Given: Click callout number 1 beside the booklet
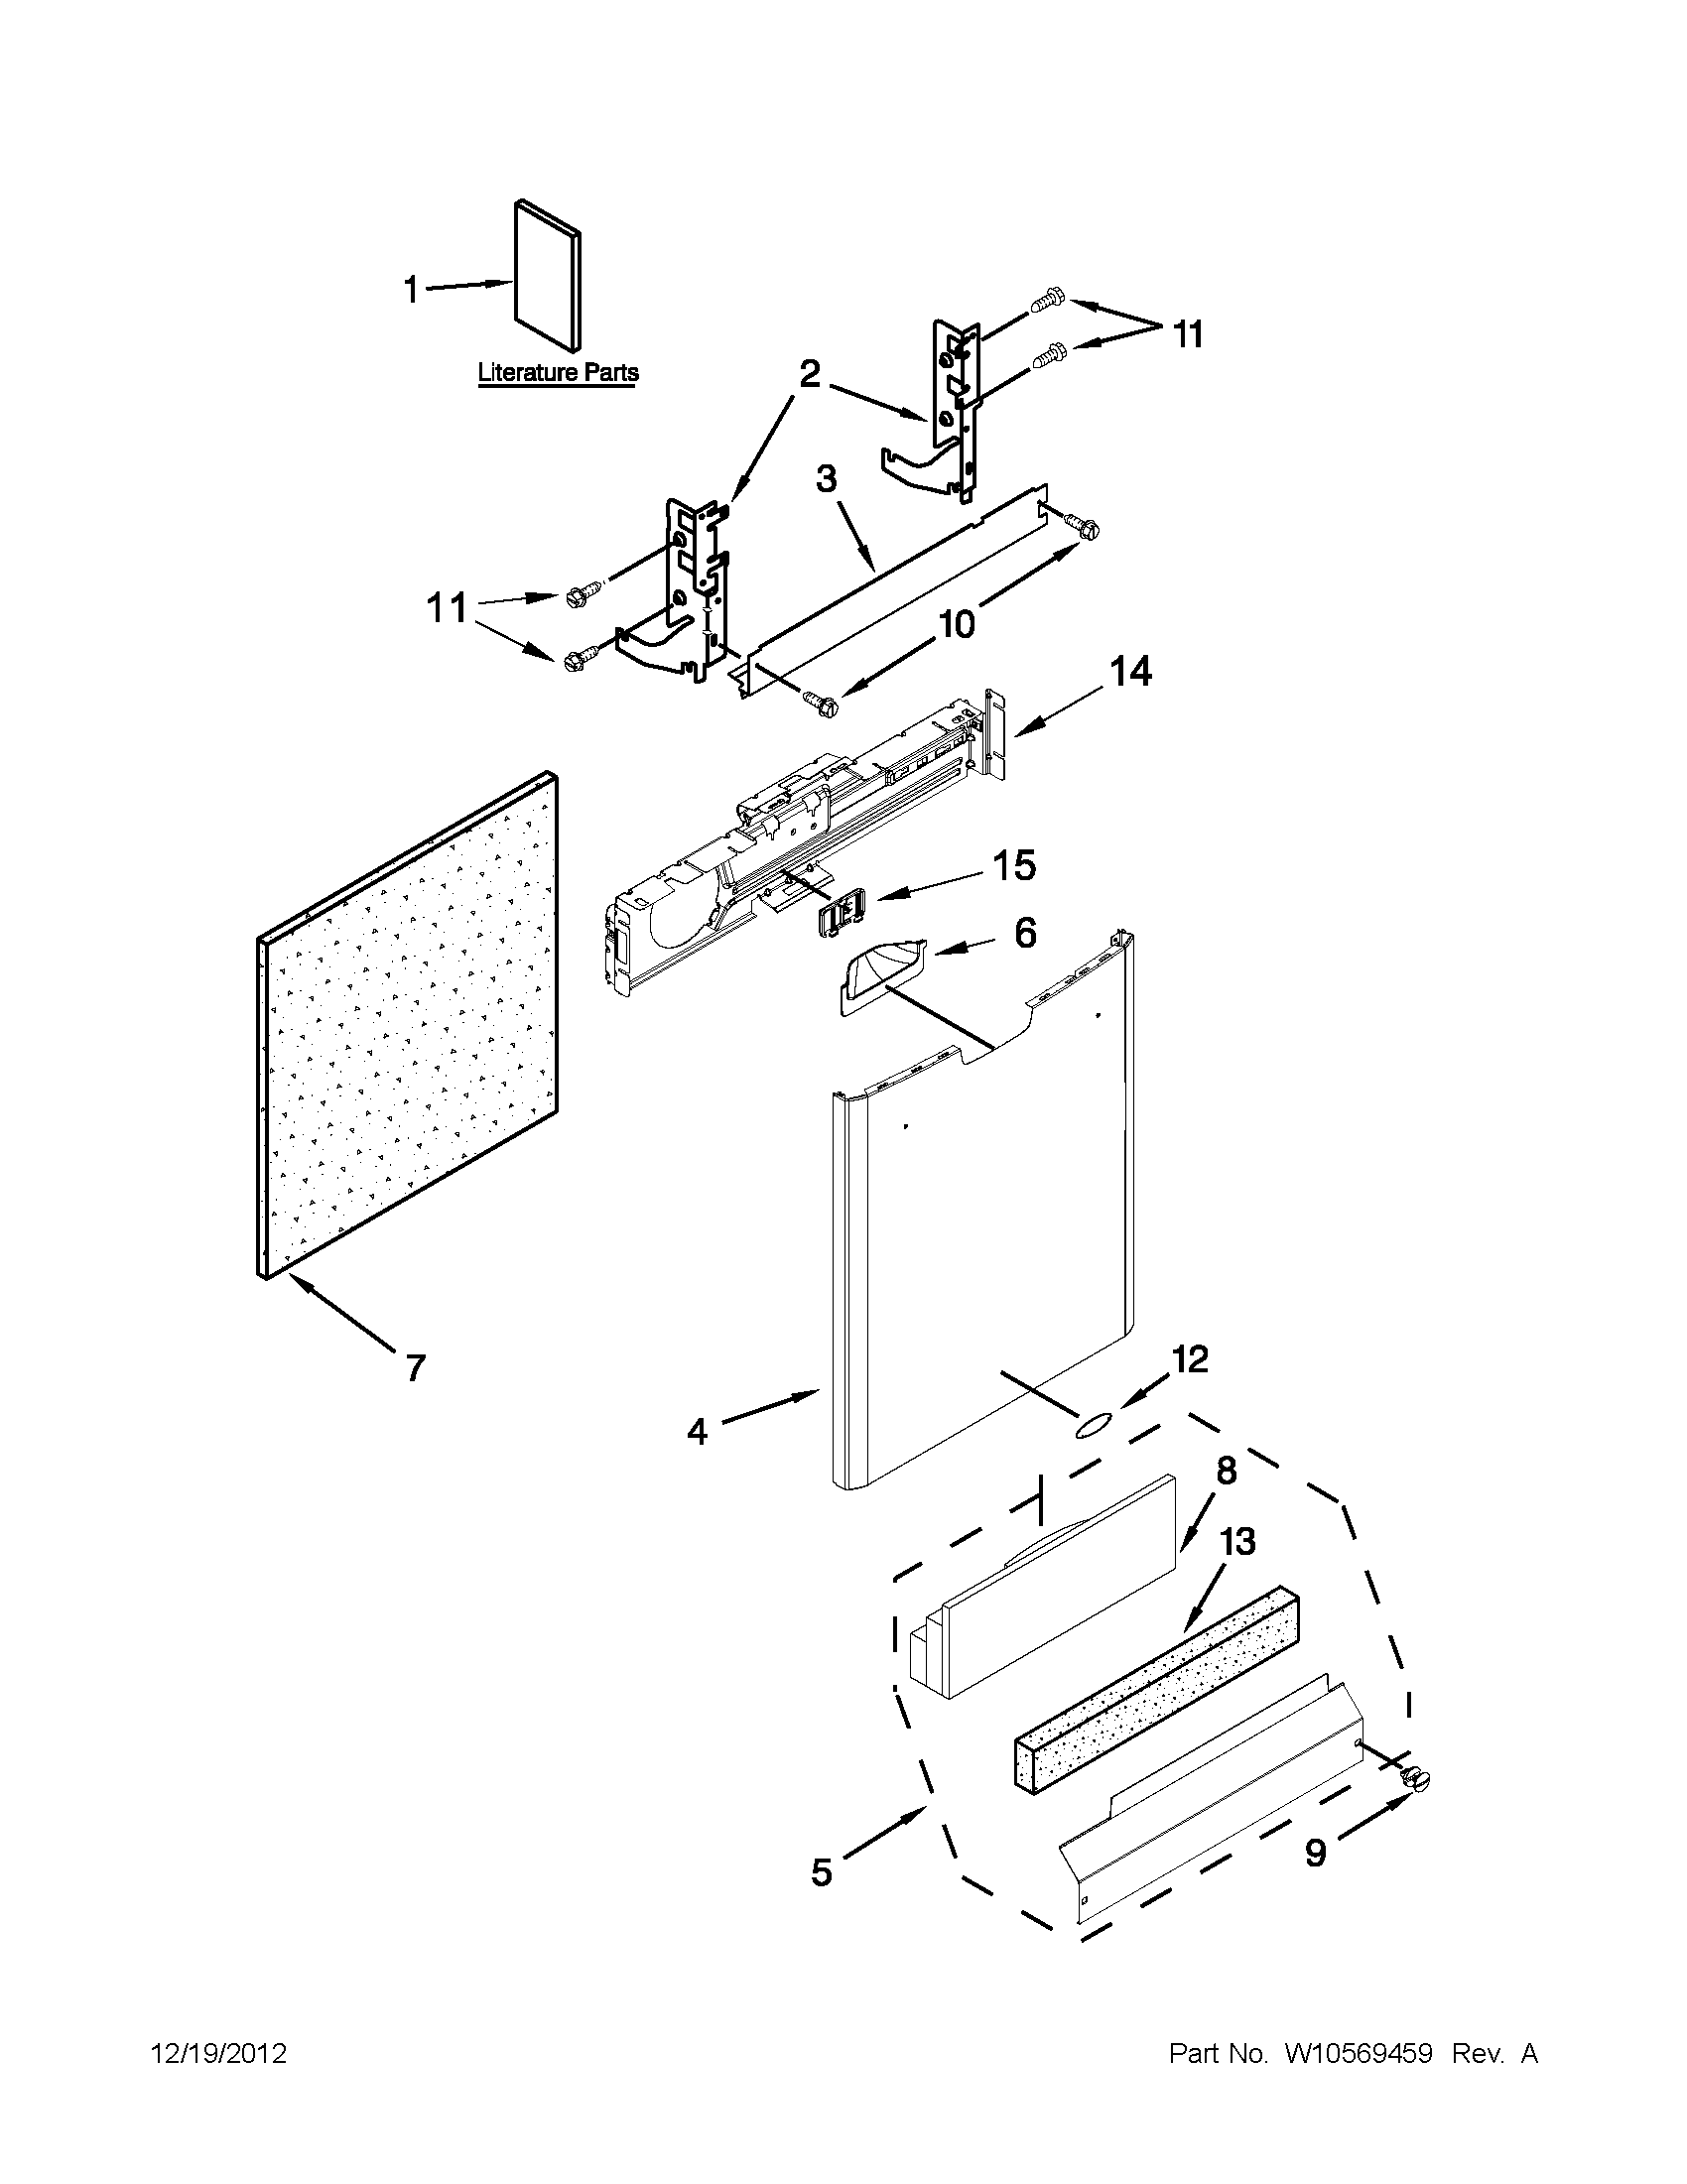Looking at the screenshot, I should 411,290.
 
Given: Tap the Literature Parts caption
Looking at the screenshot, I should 557,372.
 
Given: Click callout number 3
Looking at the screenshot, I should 826,479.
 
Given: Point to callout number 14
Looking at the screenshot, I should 1128,671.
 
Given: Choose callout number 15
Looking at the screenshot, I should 1013,866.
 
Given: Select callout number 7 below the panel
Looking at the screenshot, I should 415,1366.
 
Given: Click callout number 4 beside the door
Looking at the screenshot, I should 697,1432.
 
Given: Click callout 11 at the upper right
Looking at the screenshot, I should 1186,334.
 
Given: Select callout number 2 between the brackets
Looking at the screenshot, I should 810,374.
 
